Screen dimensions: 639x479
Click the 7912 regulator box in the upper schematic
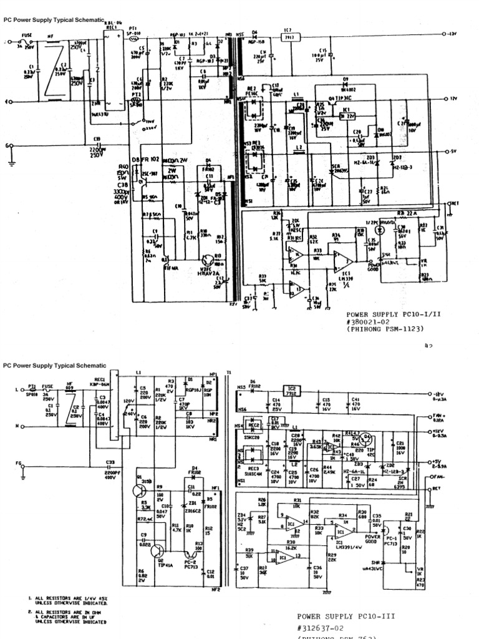[288, 37]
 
